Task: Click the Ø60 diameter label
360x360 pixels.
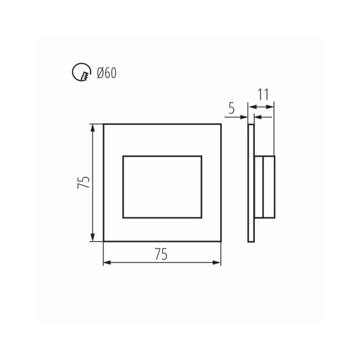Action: pos(107,73)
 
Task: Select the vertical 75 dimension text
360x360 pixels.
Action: pos(83,182)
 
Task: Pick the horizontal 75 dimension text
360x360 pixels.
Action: pos(161,254)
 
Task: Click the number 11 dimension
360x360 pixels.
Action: pos(263,94)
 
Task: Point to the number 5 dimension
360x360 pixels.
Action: pos(232,108)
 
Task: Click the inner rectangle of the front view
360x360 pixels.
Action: pos(163,157)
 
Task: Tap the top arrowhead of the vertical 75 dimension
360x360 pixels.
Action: pos(92,128)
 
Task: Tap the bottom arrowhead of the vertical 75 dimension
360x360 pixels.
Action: pos(92,237)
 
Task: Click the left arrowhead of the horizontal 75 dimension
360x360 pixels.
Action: pos(107,262)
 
